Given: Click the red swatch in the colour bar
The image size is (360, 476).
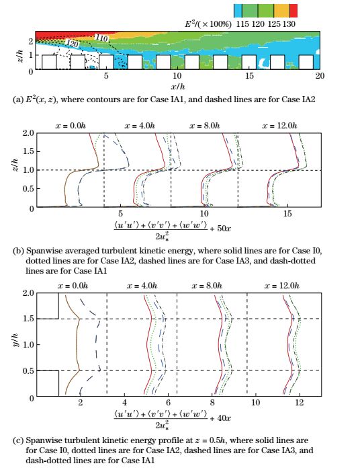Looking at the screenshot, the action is coord(294,11).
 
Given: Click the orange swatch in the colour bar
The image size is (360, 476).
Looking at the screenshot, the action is coord(281,11).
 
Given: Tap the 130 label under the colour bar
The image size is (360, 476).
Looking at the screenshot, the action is coord(289,24).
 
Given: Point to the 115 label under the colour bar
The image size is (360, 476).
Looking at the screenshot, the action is coord(242,24).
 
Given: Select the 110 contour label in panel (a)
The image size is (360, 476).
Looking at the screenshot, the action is coord(101,38).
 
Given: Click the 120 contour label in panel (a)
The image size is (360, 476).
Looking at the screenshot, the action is coord(72,44).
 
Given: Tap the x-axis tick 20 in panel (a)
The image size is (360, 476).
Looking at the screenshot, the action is coord(320,75).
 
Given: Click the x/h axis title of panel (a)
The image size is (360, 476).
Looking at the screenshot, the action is coord(178,87).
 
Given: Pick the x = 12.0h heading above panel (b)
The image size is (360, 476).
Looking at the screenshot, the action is coord(279,125).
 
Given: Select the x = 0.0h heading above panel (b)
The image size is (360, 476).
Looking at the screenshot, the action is coord(72,125).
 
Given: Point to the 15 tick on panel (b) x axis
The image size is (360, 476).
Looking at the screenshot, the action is coord(287,214).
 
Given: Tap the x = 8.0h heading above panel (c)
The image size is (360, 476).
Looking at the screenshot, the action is coord(207,286).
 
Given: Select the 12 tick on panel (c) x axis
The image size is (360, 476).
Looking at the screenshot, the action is coord(300,402).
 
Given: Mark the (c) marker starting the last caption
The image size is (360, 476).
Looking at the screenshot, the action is coord(18,440).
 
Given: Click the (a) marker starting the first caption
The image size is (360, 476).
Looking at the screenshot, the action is coord(18,100).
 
